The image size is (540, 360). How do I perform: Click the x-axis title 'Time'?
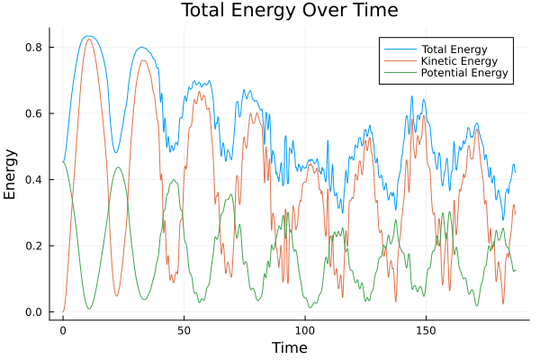click(x=289, y=347)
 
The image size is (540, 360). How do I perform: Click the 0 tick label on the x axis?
click(x=63, y=330)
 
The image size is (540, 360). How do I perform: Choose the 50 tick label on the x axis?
click(x=184, y=330)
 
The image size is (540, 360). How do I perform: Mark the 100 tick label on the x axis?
click(x=305, y=330)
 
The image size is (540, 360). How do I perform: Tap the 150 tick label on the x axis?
click(x=427, y=330)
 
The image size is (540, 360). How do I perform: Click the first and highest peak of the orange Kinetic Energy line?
click(x=88, y=39)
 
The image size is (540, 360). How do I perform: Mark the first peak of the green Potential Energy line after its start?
click(x=118, y=166)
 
